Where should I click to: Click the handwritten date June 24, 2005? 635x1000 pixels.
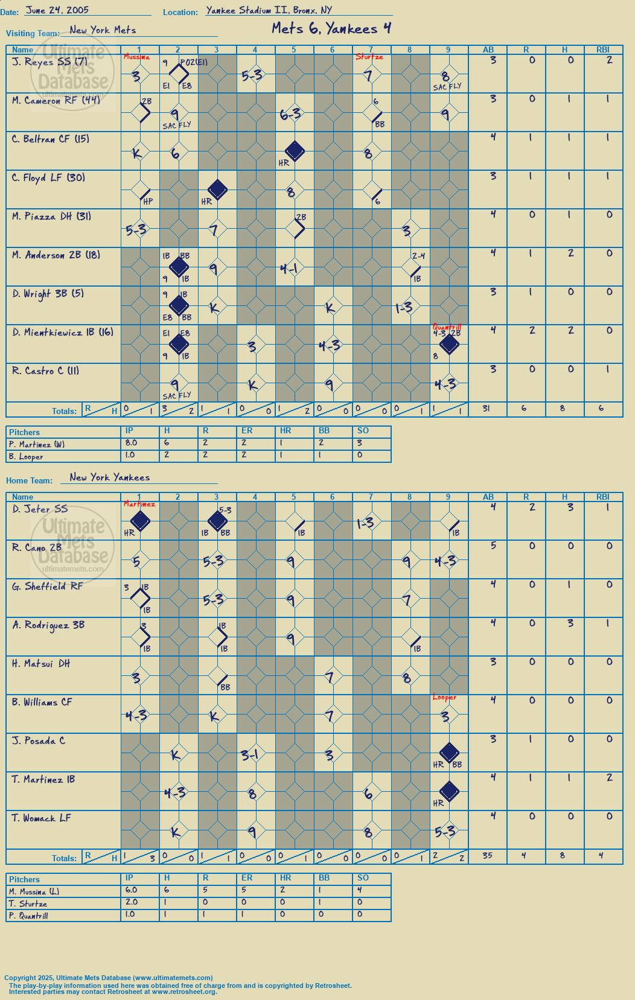(57, 10)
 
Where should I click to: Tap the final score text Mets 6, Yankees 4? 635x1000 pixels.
(331, 28)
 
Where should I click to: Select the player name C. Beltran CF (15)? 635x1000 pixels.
(51, 139)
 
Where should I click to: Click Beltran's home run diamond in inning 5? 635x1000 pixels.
(295, 150)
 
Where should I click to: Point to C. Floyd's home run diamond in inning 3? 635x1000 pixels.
(217, 189)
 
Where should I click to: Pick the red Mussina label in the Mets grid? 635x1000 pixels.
(136, 57)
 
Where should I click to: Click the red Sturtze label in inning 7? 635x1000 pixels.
(369, 57)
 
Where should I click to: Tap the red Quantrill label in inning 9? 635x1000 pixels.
(447, 327)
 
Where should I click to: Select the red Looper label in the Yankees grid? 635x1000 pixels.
(444, 697)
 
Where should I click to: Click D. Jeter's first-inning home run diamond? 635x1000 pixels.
(140, 521)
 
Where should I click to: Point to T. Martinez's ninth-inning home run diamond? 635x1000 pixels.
(449, 792)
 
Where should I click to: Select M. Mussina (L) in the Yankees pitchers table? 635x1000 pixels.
(34, 891)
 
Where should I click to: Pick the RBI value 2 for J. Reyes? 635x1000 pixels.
(610, 60)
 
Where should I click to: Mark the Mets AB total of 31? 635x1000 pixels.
(487, 408)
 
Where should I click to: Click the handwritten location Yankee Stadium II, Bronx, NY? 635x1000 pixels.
(269, 10)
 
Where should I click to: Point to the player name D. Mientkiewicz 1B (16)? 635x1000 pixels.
(63, 333)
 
